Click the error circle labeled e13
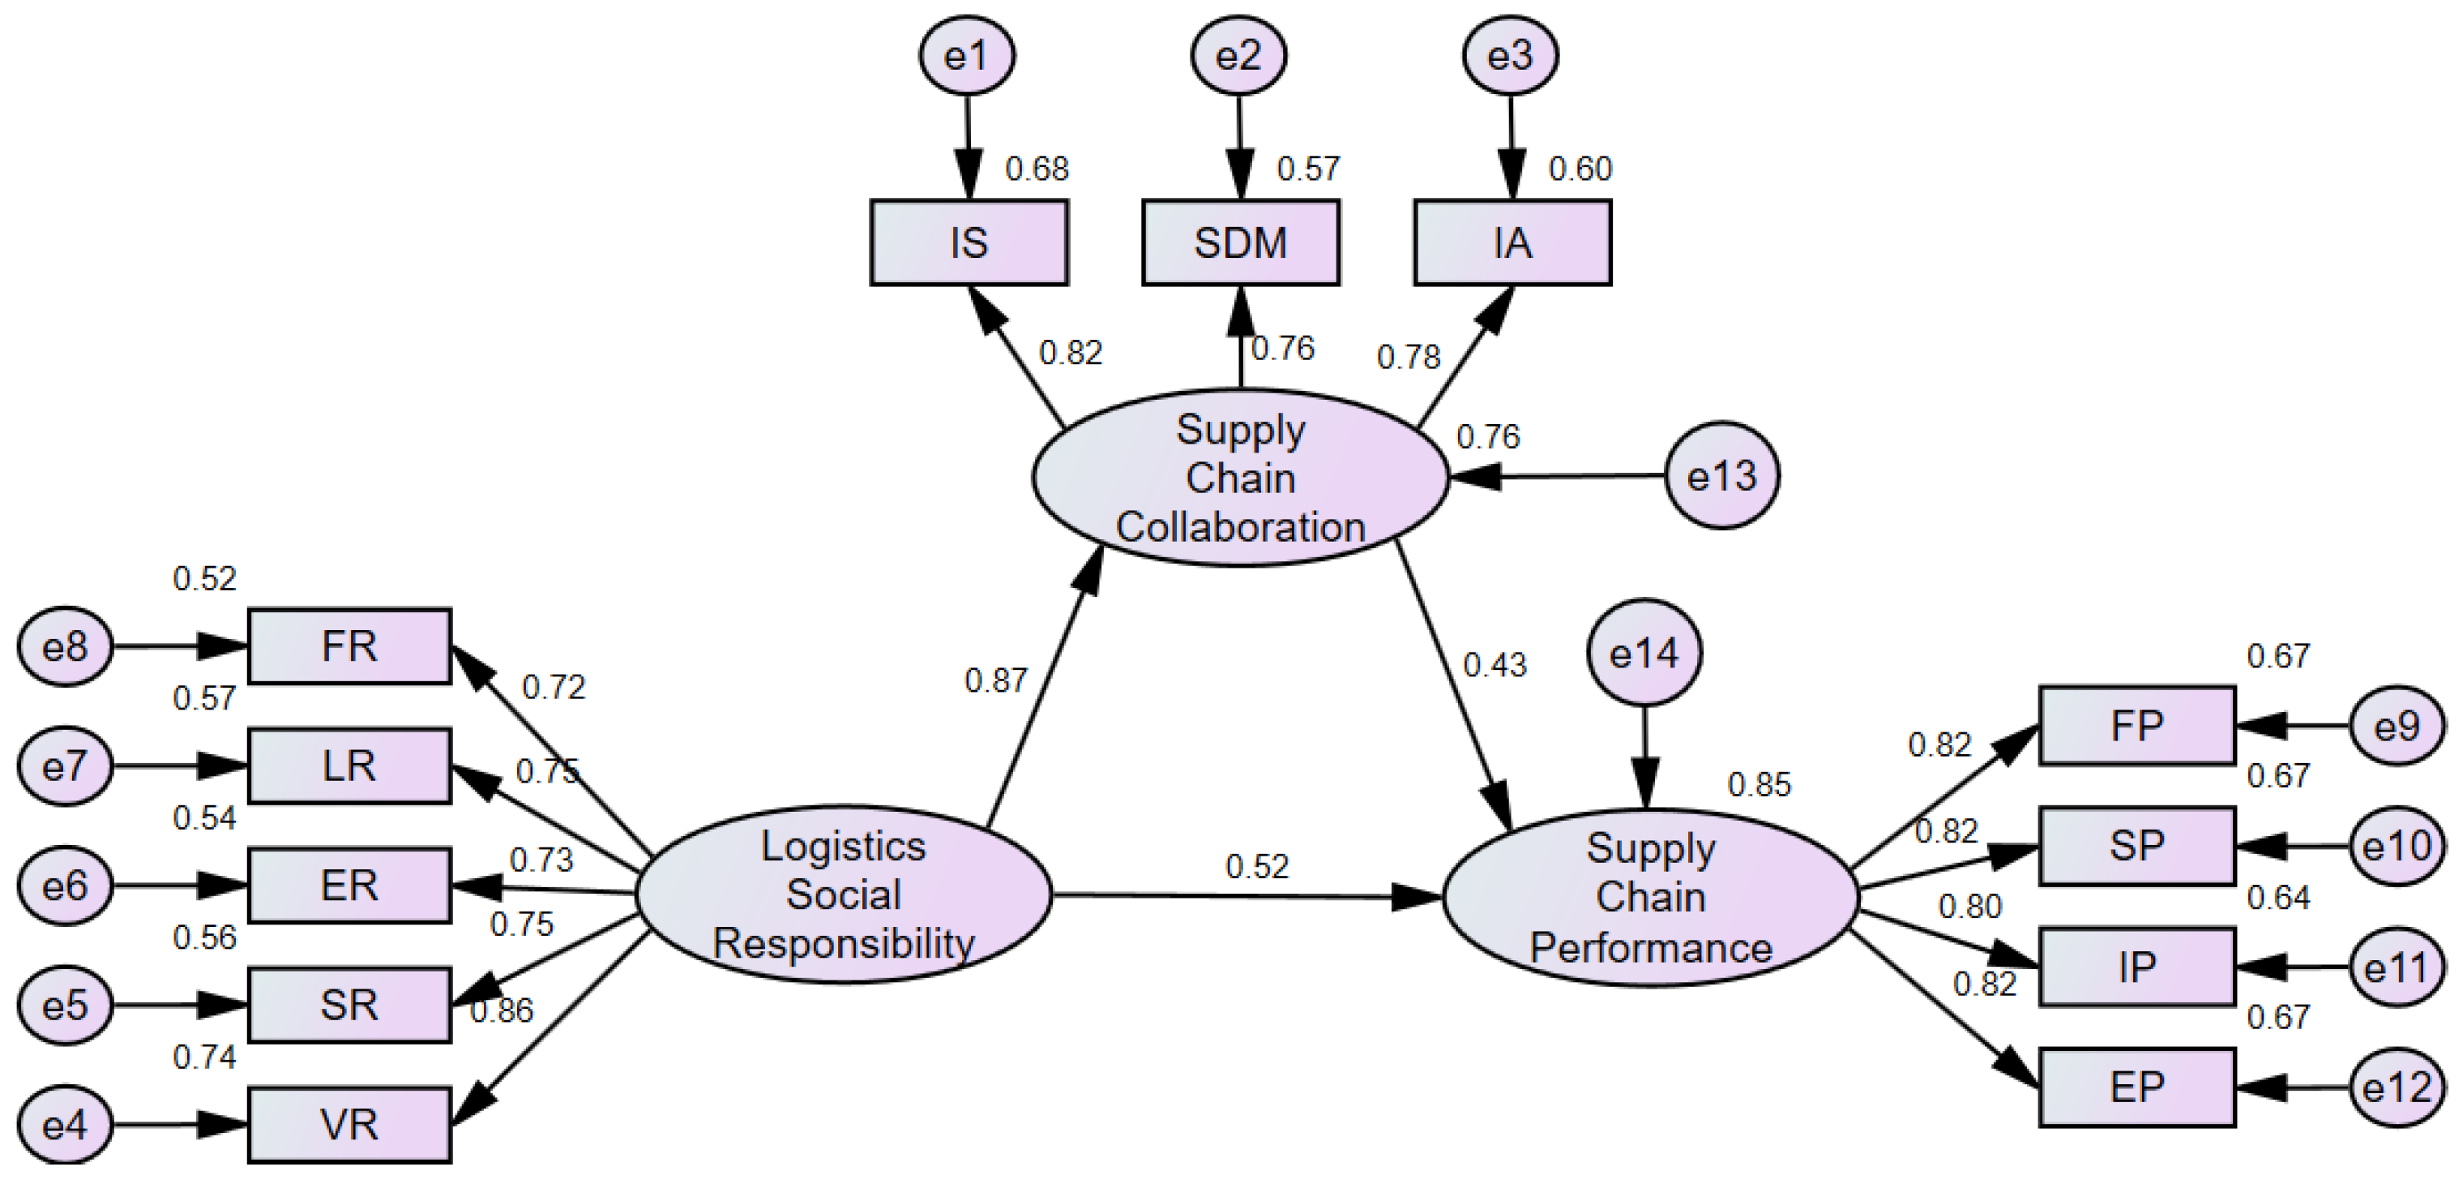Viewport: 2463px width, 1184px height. click(x=1721, y=475)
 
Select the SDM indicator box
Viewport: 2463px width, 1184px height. click(x=1240, y=243)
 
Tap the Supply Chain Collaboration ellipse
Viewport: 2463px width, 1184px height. click(x=1240, y=477)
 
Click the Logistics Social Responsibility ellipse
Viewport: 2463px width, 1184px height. click(x=844, y=894)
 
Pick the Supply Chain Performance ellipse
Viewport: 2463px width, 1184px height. click(x=1650, y=897)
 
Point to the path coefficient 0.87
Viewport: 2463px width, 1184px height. click(x=995, y=681)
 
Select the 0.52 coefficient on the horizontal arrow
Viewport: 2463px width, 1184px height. click(x=1256, y=866)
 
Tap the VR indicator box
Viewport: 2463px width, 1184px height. click(x=349, y=1125)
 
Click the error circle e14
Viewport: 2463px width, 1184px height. click(x=1644, y=653)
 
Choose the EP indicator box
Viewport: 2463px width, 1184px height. click(x=2136, y=1087)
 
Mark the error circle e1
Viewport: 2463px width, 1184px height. click(x=967, y=55)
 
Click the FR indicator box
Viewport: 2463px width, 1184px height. click(x=349, y=646)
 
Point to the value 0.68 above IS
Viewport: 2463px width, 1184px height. click(x=1037, y=169)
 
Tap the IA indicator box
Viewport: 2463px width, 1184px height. click(x=1512, y=243)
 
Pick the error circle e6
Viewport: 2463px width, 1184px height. click(x=65, y=886)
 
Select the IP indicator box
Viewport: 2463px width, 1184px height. click(x=2136, y=967)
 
